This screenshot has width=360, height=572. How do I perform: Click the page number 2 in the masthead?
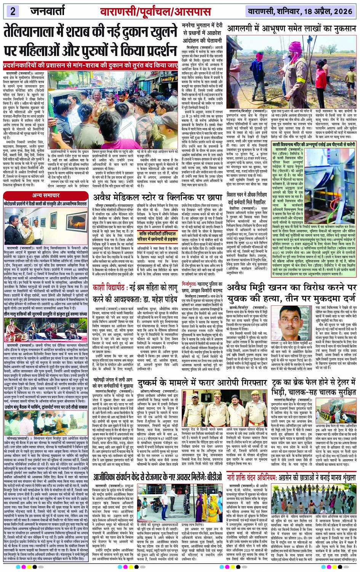13,11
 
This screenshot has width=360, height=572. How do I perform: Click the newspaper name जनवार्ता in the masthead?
48,11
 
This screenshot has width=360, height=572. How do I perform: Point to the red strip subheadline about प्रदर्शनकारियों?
90,65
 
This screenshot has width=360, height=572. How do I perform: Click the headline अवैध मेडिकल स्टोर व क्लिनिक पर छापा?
158,197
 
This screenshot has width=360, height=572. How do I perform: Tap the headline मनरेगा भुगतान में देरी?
202,29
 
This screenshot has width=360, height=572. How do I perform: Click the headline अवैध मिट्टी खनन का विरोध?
291,292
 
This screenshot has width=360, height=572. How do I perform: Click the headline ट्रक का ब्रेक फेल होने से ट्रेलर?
291,383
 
